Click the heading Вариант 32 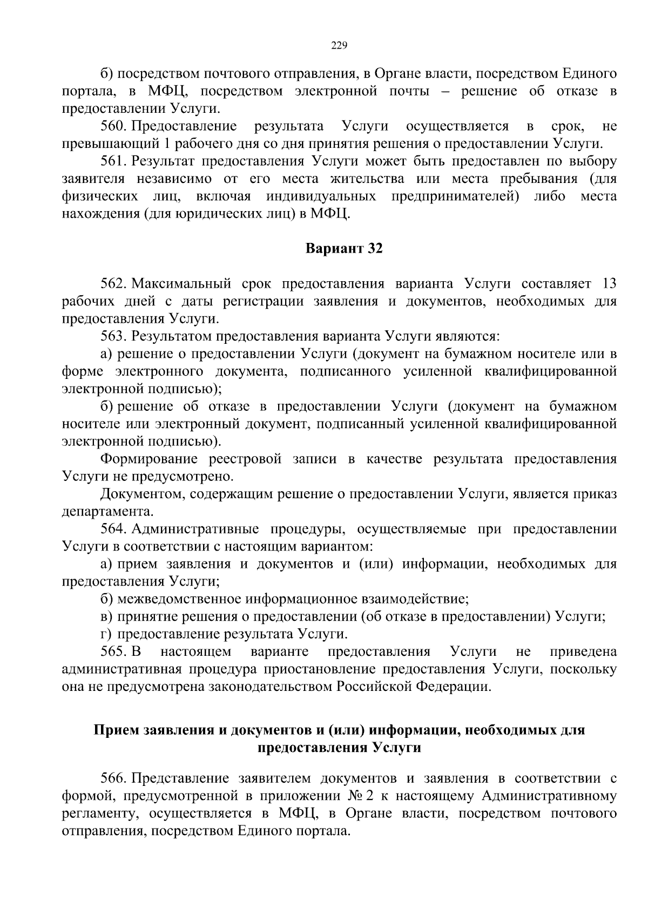coord(343,249)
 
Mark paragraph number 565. coord(113,652)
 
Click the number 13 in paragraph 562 coord(608,284)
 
